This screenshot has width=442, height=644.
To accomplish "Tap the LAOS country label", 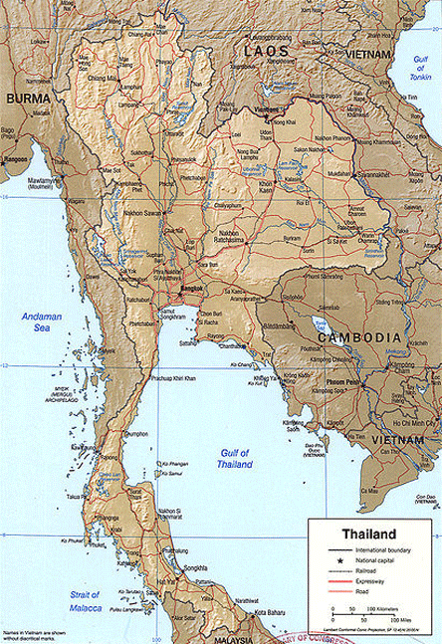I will click(267, 50).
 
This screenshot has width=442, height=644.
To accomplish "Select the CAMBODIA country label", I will click(360, 337).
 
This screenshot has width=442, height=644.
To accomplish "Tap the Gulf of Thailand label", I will click(235, 459).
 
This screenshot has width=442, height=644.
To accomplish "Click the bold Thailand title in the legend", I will click(369, 533).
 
